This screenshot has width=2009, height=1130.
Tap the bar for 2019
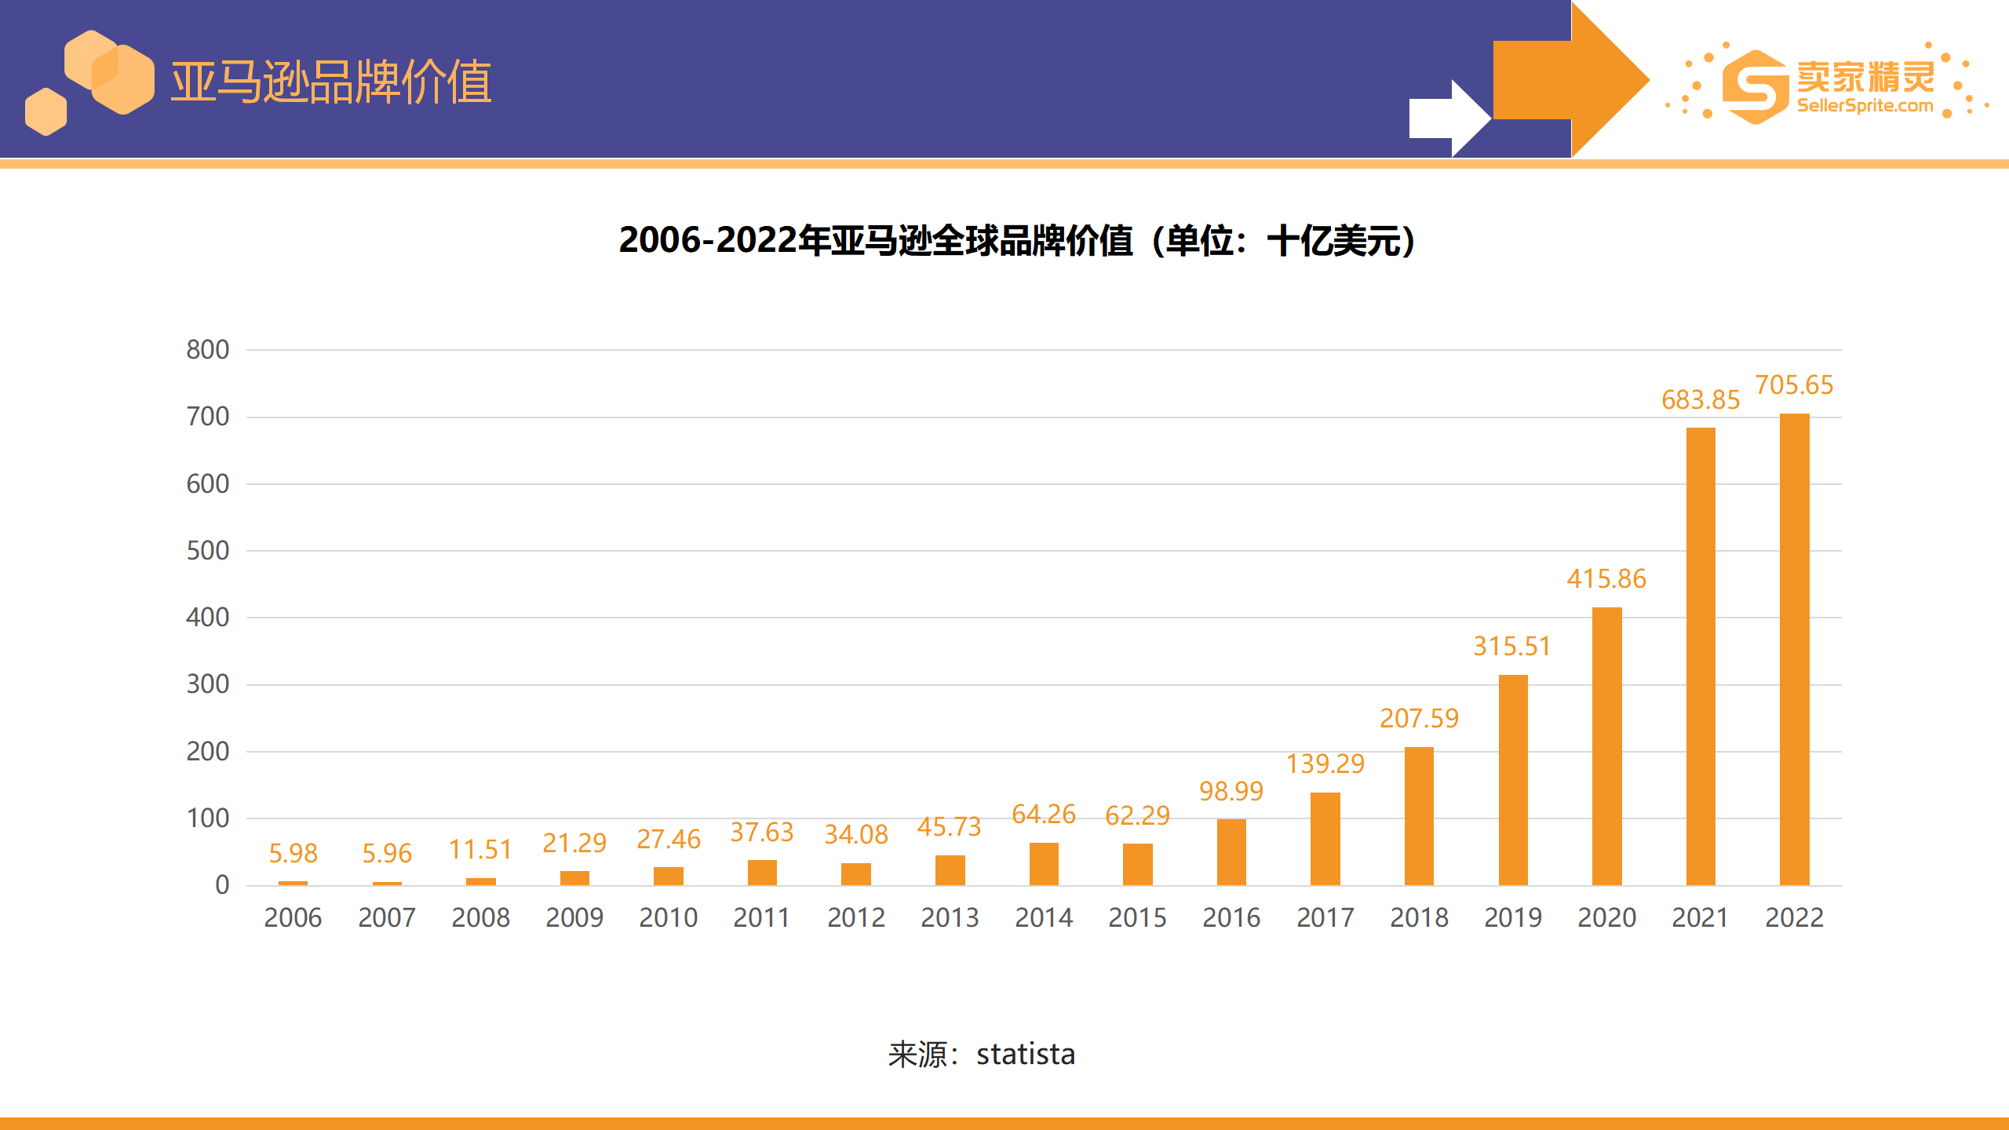[1513, 780]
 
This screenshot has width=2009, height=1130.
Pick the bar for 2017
[1325, 839]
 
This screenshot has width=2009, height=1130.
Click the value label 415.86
[1606, 579]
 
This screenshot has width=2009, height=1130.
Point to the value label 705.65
[1794, 385]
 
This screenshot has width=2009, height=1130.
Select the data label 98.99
[1231, 791]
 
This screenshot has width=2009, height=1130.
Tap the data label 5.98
[293, 853]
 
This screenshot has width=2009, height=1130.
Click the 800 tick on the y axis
[208, 350]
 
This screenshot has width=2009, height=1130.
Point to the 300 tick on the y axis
[208, 684]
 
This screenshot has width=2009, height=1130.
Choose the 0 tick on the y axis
[222, 885]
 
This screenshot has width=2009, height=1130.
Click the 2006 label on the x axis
[293, 917]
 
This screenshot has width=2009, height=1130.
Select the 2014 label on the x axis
[1044, 917]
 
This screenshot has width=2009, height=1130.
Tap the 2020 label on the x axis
[1606, 917]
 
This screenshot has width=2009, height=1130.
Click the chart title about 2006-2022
[1017, 240]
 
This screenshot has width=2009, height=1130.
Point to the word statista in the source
[1026, 1055]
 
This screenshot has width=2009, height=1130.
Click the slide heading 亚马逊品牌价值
[331, 82]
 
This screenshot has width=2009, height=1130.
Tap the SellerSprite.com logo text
[1865, 106]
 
